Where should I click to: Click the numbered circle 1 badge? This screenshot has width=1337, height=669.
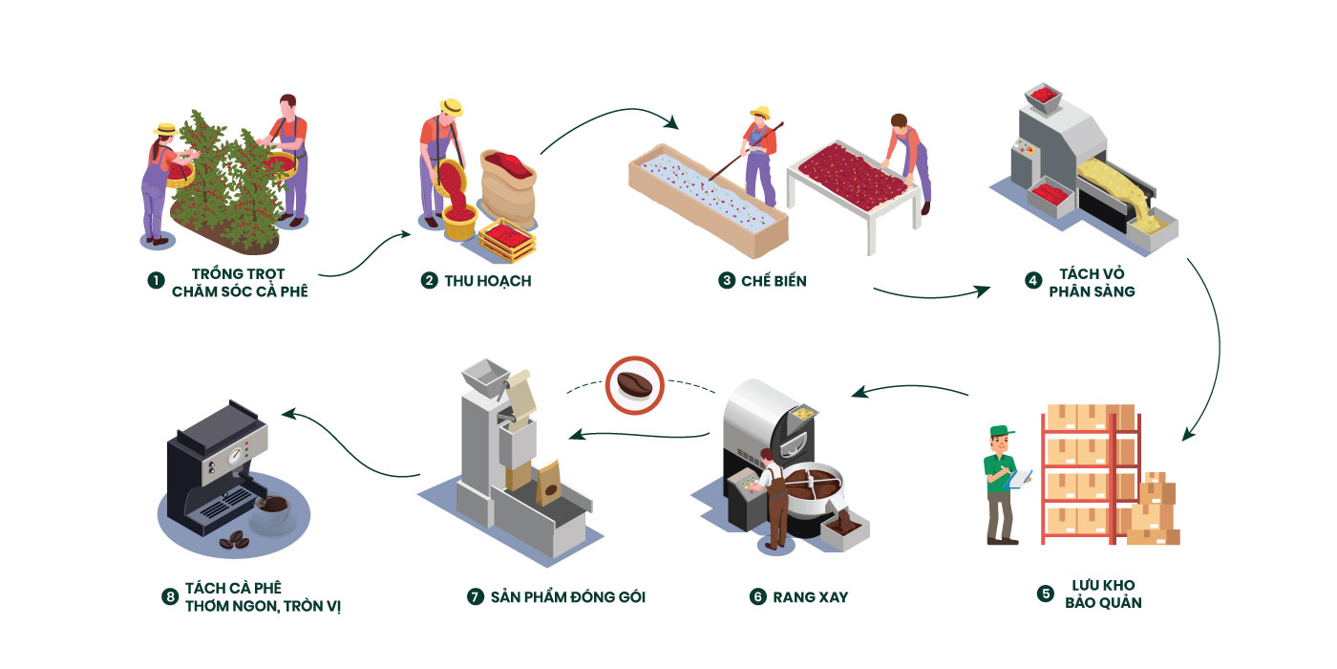tap(156, 281)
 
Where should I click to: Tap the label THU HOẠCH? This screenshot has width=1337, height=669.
tap(488, 281)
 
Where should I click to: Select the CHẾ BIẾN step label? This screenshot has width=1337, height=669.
tap(774, 281)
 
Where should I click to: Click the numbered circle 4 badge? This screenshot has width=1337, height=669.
tap(1033, 281)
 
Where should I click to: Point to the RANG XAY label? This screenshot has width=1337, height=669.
tap(811, 597)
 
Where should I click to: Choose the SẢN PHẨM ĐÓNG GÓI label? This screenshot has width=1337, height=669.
tap(568, 597)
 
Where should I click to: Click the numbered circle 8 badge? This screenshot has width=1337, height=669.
tap(170, 596)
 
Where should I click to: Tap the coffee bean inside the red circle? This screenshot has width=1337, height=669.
tap(634, 385)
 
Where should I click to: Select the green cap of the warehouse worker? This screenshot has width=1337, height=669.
tap(1002, 431)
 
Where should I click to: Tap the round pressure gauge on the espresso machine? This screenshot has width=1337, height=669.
tap(237, 456)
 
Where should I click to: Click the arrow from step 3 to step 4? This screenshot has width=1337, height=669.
tap(931, 295)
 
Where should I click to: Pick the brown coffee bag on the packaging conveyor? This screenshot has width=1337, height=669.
tap(548, 483)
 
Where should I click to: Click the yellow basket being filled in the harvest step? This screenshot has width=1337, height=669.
tap(459, 222)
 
